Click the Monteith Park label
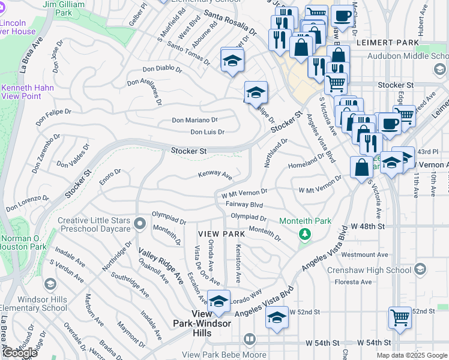click(x=305, y=221)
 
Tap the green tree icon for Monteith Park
click(x=305, y=233)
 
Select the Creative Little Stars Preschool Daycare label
click(x=94, y=224)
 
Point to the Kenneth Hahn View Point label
click(x=27, y=92)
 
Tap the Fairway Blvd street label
click(x=244, y=205)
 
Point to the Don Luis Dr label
click(x=207, y=132)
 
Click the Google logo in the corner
click(x=20, y=353)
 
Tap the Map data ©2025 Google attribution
click(x=411, y=355)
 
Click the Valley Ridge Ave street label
click(x=160, y=266)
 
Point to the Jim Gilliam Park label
click(x=66, y=8)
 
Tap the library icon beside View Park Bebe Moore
click(x=250, y=340)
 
